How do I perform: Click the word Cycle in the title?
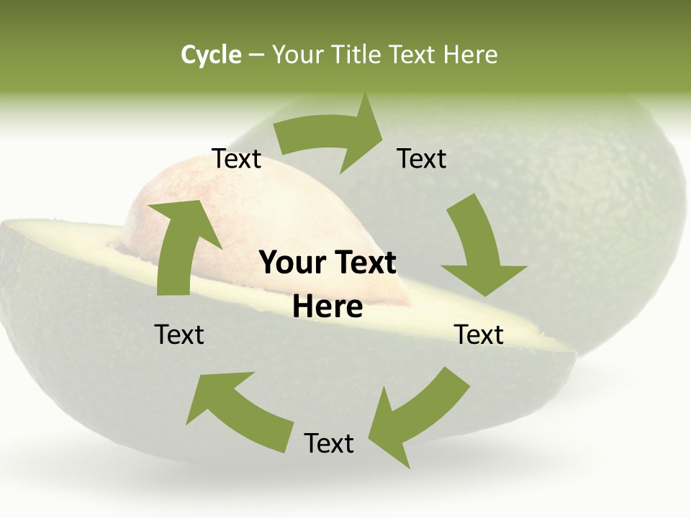tap(211, 55)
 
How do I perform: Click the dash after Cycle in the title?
tap(256, 55)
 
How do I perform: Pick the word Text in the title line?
tap(412, 55)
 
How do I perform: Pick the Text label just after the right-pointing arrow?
tap(422, 159)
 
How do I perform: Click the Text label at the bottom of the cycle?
tap(329, 444)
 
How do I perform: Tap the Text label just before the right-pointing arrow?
tap(236, 159)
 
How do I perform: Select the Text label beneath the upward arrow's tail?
tap(179, 335)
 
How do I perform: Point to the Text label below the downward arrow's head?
tap(479, 335)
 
